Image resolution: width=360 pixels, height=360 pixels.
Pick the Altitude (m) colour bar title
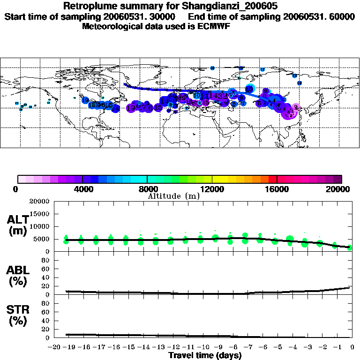click(173, 196)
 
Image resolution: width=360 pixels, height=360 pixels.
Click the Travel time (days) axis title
click(205, 355)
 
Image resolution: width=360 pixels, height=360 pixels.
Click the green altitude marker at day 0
click(350, 247)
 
